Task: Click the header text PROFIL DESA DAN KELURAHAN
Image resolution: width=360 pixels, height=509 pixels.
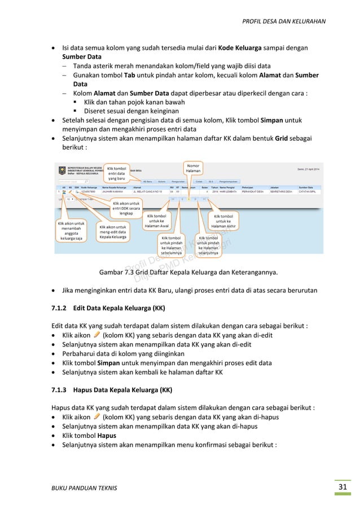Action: [284, 22]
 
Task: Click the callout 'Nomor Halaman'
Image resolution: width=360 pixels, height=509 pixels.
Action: [193, 168]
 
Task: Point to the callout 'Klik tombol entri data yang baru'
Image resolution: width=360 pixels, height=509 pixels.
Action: [117, 173]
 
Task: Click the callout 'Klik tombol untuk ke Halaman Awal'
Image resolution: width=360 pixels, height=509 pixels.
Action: [157, 221]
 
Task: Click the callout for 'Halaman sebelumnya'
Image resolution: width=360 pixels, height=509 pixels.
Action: [170, 246]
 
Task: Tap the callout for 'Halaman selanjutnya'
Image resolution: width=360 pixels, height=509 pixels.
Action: [208, 246]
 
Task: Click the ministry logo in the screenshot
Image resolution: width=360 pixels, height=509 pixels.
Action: [59, 169]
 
